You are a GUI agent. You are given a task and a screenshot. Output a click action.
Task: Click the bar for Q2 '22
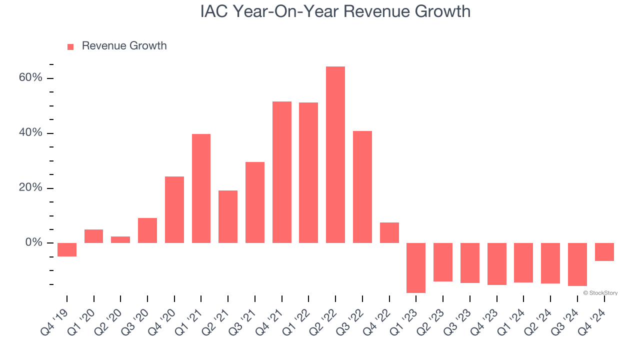click(335, 154)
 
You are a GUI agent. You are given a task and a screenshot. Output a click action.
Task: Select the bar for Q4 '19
click(67, 249)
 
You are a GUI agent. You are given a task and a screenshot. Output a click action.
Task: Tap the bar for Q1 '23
click(415, 267)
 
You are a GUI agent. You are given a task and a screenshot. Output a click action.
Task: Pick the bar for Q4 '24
click(604, 252)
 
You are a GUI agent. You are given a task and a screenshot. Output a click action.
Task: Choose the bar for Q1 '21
click(201, 188)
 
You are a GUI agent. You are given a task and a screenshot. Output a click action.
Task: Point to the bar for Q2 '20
click(120, 239)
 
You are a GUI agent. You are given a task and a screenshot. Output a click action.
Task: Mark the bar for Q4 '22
click(389, 232)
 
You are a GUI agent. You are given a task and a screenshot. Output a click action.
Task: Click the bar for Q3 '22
click(362, 187)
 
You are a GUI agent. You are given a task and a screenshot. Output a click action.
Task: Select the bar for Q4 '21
click(281, 172)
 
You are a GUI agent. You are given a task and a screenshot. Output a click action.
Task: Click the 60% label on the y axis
click(31, 78)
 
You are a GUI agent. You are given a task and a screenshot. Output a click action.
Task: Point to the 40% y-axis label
click(31, 133)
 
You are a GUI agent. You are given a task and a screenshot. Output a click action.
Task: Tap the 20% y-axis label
click(31, 188)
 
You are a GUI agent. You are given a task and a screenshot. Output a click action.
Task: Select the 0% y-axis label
click(33, 243)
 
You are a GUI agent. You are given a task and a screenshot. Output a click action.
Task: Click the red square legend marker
click(70, 46)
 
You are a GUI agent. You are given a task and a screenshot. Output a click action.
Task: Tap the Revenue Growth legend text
click(124, 46)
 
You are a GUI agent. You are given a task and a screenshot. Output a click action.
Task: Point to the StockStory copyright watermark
click(600, 293)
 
